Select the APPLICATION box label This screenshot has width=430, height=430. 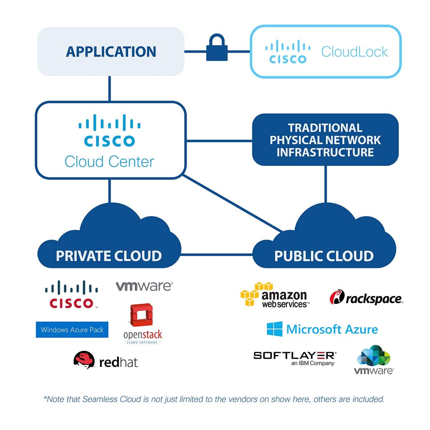point(111,52)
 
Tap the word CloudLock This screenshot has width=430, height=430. point(354,52)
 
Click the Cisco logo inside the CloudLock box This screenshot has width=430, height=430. point(288,53)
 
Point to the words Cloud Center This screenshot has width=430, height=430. point(109,162)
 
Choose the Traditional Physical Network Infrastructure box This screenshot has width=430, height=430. point(325,140)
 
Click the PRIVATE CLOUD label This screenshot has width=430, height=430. point(109,256)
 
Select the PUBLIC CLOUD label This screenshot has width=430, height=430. point(324,256)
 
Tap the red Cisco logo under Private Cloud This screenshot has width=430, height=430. point(72,295)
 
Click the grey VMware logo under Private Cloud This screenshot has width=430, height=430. point(144,286)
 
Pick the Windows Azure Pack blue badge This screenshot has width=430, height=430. point(72,330)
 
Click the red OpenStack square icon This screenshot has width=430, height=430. point(142,315)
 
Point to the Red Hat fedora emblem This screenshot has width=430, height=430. point(84,360)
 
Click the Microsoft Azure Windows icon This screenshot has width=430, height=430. point(274,329)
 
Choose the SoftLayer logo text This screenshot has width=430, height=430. point(295,355)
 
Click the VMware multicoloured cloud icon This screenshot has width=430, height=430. point(374,356)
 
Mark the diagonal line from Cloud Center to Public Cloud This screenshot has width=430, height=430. point(233,203)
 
